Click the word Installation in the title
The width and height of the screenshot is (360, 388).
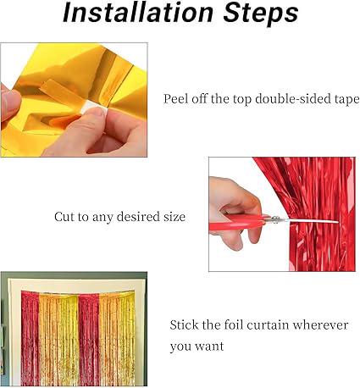[138, 13]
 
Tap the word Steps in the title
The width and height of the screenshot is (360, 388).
[261, 14]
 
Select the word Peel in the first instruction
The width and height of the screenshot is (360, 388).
[175, 99]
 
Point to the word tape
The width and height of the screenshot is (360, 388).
[346, 100]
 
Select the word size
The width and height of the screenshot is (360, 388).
[174, 217]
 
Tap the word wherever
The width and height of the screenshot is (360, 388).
[320, 325]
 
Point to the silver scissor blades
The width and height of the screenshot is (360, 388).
[305, 220]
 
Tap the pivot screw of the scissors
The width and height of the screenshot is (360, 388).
[274, 219]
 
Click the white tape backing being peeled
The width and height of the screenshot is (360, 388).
[94, 108]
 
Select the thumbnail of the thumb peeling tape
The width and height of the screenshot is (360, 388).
[97, 112]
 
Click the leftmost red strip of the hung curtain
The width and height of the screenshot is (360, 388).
[30, 338]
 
